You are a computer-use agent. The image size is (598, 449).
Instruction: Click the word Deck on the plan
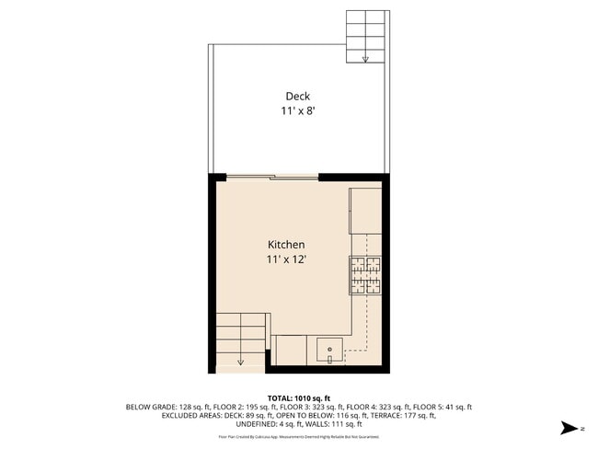[x=297, y=96]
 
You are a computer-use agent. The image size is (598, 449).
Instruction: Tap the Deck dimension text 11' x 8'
[x=299, y=111]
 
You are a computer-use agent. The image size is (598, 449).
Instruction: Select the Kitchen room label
[x=286, y=245]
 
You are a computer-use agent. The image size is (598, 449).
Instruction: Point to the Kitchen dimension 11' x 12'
[x=286, y=259]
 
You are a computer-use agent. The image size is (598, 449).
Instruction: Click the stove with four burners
[x=365, y=275]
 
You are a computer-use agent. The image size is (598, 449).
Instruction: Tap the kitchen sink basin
[x=329, y=350]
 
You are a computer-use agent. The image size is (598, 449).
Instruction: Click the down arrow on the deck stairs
[x=365, y=59]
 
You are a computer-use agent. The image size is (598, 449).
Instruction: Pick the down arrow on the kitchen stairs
[x=240, y=361]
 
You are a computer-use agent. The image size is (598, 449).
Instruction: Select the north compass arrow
[x=570, y=428]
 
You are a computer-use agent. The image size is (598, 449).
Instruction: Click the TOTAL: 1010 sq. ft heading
[x=299, y=398]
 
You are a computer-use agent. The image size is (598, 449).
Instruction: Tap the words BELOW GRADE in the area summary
[x=150, y=407]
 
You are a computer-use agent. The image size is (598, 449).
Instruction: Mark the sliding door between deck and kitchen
[x=272, y=177]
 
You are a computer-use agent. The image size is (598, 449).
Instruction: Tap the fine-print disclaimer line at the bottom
[x=299, y=436]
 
